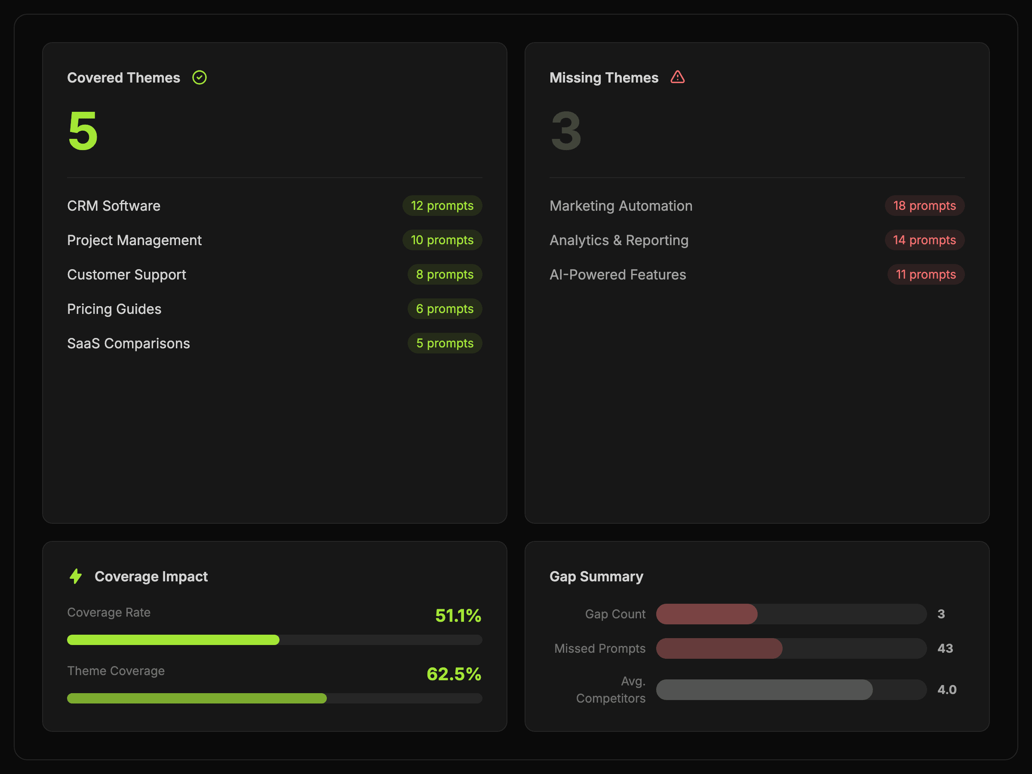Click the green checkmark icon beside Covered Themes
coord(199,77)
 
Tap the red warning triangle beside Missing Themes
coord(677,77)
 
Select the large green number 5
coord(83,131)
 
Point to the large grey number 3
coord(566,131)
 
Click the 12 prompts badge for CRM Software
coord(442,206)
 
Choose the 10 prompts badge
coord(442,240)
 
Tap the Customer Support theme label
coord(126,275)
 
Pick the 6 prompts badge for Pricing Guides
coord(445,309)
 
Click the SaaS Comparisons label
coord(128,344)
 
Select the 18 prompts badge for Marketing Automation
coord(924,206)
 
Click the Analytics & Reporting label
coord(619,240)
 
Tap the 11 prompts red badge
coord(926,275)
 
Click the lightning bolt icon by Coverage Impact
coord(76,576)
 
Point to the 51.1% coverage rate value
coord(458,615)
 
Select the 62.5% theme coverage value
coord(454,674)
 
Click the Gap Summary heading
coord(596,577)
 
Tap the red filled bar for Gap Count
coord(707,614)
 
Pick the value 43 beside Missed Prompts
coord(945,648)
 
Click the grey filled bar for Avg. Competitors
coord(764,690)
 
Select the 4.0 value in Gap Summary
coord(946,690)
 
